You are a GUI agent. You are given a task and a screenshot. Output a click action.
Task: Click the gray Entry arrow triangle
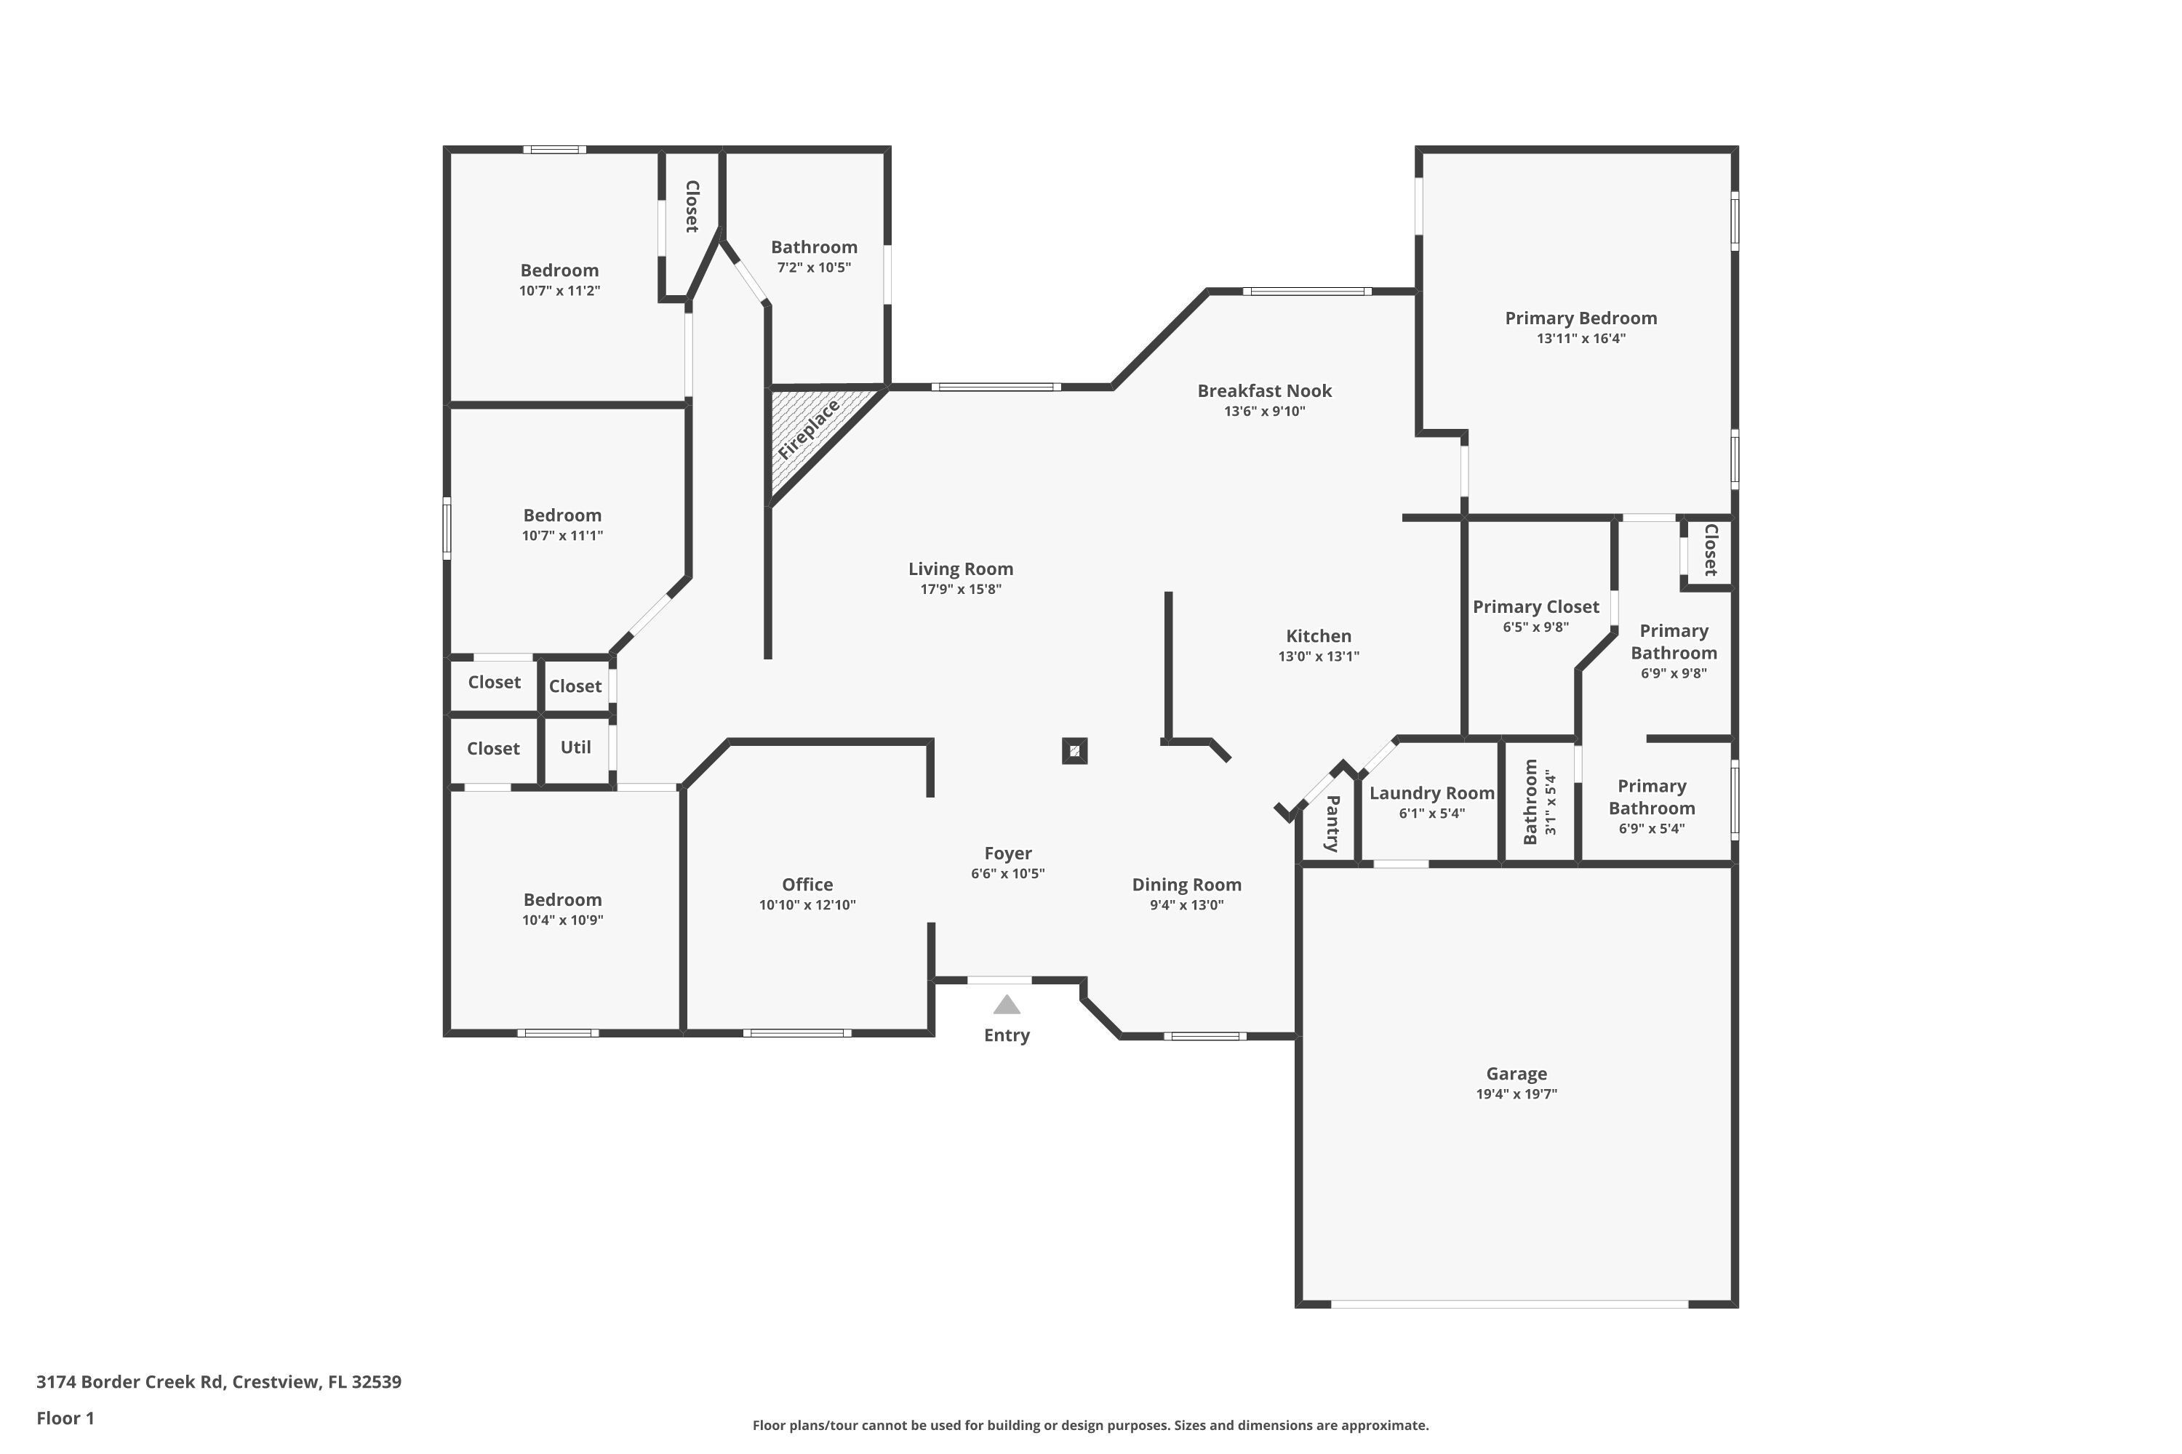coord(1007,1004)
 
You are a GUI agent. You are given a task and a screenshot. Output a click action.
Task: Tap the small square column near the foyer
coord(1074,751)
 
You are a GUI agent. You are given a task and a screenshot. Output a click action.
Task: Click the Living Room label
coord(960,569)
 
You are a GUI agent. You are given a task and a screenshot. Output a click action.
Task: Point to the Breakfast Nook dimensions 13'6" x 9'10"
coord(1265,411)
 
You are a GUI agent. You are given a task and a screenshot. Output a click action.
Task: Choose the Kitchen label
coord(1318,636)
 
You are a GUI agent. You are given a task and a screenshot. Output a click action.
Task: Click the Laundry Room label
coord(1431,793)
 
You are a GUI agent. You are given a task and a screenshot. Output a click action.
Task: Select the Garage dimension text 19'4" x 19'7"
coord(1516,1093)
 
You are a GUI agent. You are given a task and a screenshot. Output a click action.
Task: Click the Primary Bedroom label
coord(1580,318)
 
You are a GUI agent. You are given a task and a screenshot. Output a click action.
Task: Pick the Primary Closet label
coord(1535,606)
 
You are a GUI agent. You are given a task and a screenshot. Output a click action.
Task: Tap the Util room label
coord(575,747)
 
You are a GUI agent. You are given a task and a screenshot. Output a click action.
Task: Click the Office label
coord(807,885)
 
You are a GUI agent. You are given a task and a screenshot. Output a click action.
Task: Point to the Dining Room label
coord(1186,885)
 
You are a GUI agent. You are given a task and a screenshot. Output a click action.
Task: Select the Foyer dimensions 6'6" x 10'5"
coord(1007,872)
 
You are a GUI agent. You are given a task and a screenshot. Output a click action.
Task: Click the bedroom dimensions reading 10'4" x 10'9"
coord(562,920)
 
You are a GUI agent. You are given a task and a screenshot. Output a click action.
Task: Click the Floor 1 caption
coord(65,1418)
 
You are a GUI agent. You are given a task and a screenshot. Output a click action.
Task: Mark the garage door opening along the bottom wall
coord(1509,1304)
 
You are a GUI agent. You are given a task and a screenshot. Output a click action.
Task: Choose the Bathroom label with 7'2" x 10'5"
coord(814,246)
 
